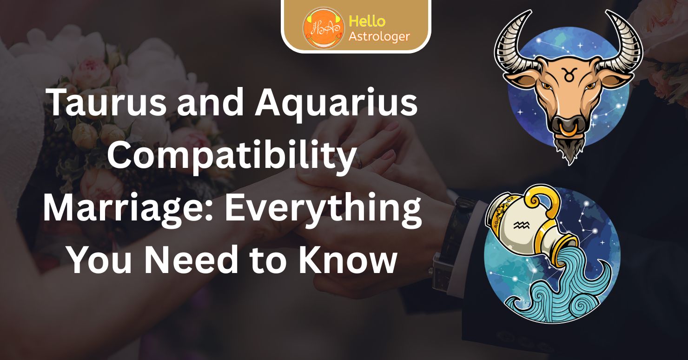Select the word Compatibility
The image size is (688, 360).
click(232, 157)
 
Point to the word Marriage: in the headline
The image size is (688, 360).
click(128, 209)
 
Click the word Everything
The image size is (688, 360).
click(323, 210)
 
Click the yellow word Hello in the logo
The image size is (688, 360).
click(367, 21)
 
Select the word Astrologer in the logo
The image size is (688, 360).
click(379, 37)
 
